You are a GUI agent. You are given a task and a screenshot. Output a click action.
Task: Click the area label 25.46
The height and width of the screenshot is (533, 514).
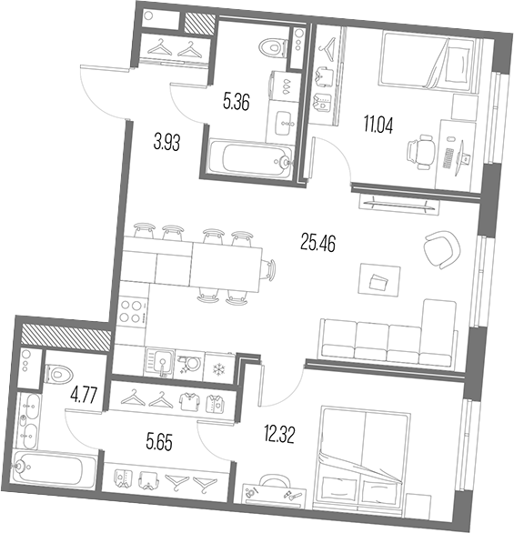(x=317, y=243)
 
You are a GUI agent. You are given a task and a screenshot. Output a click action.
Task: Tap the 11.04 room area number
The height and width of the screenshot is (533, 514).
(x=378, y=125)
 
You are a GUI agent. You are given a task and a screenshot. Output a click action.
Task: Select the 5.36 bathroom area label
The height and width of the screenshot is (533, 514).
(x=237, y=101)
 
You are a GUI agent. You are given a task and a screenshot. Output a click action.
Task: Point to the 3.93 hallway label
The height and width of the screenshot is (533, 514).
(x=166, y=142)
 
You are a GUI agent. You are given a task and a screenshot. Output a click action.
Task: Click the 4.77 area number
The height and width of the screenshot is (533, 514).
(x=84, y=396)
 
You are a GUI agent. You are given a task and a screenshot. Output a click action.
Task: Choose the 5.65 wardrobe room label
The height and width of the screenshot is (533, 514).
(x=159, y=442)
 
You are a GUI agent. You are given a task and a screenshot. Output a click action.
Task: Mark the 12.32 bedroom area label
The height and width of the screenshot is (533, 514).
(x=279, y=435)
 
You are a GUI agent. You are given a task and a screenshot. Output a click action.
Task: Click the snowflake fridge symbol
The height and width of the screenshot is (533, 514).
(x=218, y=369)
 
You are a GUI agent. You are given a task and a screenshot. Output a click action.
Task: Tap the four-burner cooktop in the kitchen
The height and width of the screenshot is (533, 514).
(x=132, y=312)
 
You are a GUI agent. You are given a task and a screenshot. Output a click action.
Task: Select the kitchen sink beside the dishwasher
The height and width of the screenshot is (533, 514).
(x=160, y=363)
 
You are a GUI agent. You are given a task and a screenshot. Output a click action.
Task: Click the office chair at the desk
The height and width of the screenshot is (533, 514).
(x=421, y=152)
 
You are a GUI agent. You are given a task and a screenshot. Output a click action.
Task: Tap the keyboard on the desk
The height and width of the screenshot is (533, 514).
(x=448, y=157)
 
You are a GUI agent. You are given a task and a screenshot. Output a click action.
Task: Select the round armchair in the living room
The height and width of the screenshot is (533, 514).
(x=441, y=249)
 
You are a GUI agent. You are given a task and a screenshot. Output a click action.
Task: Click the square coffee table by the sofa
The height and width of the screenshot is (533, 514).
(x=379, y=280)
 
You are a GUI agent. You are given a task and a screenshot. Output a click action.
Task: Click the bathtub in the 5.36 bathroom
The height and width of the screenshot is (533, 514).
(x=250, y=157)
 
